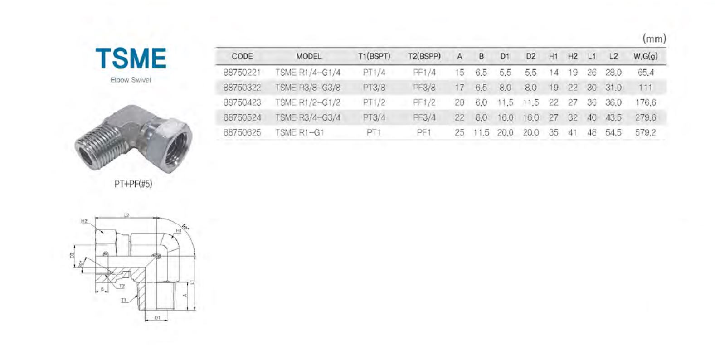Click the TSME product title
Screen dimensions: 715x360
[x=131, y=58]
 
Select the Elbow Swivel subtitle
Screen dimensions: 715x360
[x=131, y=80]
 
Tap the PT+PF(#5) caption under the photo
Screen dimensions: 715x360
[x=133, y=184]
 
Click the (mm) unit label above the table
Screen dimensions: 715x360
[x=654, y=39]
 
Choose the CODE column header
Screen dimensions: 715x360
[x=242, y=57]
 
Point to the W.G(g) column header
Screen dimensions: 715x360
[x=646, y=57]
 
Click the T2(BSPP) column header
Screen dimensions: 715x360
[x=424, y=57]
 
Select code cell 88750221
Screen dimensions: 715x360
[x=242, y=73]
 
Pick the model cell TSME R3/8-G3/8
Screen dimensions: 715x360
[x=308, y=88]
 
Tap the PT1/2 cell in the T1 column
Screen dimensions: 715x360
[x=374, y=102]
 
